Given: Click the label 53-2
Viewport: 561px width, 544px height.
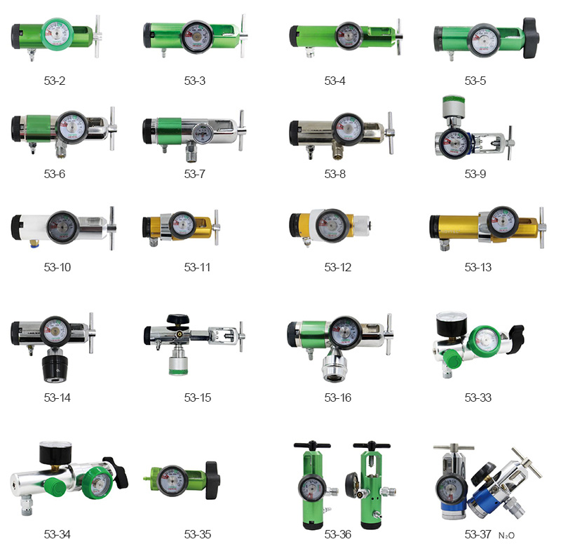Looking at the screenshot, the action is click(x=55, y=81).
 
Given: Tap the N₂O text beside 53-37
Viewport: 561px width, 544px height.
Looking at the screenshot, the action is click(x=506, y=536).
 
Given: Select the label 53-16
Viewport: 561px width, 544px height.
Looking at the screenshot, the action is click(x=338, y=397).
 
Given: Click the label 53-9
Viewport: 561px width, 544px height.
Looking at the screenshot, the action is click(x=475, y=174).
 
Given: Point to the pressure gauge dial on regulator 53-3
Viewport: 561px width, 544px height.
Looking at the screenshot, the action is click(x=197, y=37).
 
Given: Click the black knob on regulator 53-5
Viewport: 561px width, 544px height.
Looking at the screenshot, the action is click(x=531, y=38).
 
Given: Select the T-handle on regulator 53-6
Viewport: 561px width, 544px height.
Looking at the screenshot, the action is click(x=112, y=128).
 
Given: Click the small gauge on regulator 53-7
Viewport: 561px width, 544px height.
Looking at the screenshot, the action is click(x=203, y=133).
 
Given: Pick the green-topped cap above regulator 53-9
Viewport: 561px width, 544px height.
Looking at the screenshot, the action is click(x=454, y=106).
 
